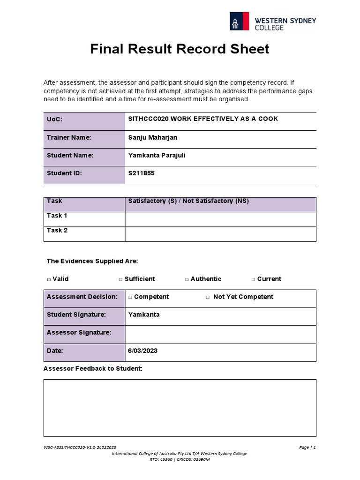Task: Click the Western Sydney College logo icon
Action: (x=240, y=21)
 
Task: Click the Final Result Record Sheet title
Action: (x=180, y=49)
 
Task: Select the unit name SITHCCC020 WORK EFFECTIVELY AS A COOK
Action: (x=203, y=119)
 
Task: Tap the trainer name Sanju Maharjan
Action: (x=153, y=137)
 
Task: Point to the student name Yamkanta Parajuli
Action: (x=157, y=155)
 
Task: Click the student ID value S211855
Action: (x=141, y=173)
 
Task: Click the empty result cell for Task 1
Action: (x=220, y=219)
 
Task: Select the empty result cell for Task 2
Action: (x=220, y=234)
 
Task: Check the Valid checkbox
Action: (x=49, y=279)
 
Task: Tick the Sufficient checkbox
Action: (x=120, y=279)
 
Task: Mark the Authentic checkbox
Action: (x=187, y=279)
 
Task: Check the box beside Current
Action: (x=253, y=279)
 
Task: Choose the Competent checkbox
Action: (x=130, y=297)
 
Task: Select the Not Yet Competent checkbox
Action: (x=208, y=297)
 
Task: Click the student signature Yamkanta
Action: (x=143, y=315)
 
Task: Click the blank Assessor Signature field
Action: (x=220, y=334)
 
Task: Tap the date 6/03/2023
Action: (x=142, y=351)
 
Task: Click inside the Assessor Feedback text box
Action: (x=180, y=408)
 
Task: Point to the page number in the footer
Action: (x=307, y=447)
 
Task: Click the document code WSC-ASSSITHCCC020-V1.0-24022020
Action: (x=80, y=447)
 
